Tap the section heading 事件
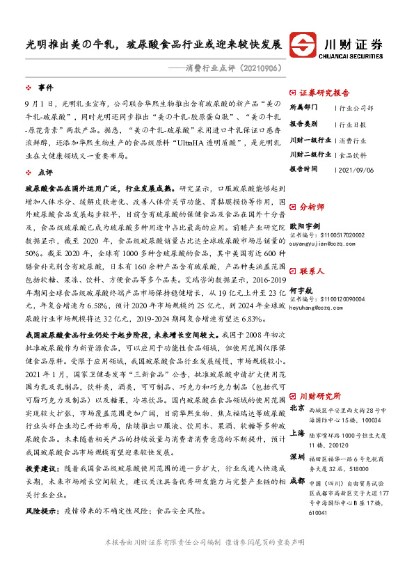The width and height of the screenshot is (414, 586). coord(45,88)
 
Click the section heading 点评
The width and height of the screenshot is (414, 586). coord(45,171)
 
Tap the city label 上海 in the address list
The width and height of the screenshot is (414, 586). coord(297,431)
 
